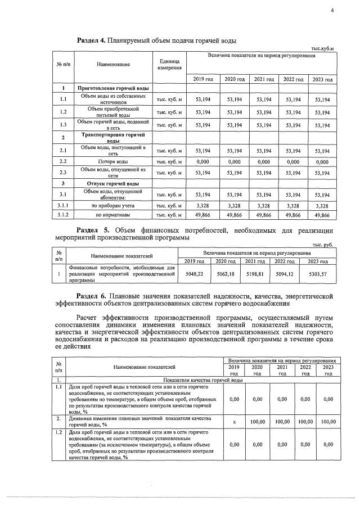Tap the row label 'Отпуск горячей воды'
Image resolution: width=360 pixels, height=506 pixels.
(112, 184)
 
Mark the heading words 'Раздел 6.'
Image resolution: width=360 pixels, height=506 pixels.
(93, 295)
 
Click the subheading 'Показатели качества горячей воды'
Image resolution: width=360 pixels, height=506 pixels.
(203, 381)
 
